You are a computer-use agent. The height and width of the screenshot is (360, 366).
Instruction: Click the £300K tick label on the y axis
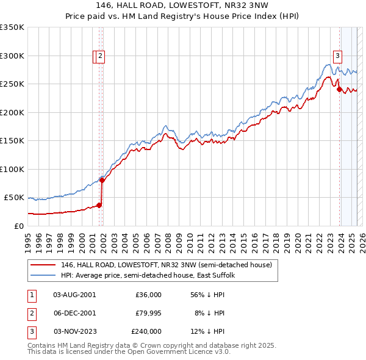pos(12,56)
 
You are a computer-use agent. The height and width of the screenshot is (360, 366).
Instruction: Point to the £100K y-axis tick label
pos(12,169)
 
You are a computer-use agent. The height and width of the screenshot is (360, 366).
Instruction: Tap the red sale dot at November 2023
pos(340,90)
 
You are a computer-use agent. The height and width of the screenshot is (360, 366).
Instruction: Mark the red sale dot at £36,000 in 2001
pos(99,205)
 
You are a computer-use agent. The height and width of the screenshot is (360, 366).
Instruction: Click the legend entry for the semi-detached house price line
pos(170,265)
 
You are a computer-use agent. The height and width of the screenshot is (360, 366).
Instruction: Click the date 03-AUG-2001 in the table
pos(74,295)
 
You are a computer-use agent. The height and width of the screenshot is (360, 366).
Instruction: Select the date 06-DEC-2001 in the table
pos(74,313)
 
